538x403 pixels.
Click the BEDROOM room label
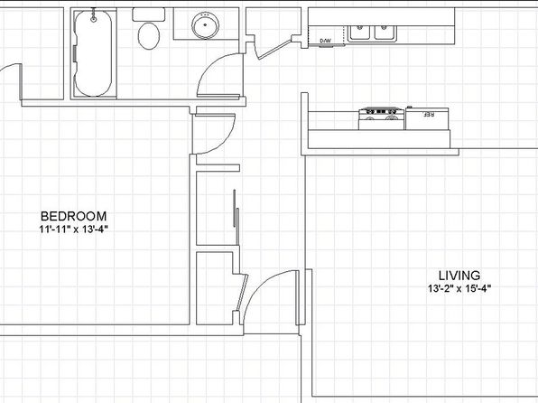click(x=73, y=216)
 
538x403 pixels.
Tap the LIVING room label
click(x=459, y=276)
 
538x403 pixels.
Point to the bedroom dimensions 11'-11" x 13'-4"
click(x=74, y=230)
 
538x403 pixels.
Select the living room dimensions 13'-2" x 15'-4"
click(x=459, y=288)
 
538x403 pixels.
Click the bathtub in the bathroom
click(x=93, y=53)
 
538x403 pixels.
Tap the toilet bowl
click(x=149, y=36)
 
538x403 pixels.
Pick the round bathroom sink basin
click(x=205, y=25)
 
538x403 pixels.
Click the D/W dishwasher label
click(x=326, y=41)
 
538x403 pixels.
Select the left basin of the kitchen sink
click(x=359, y=33)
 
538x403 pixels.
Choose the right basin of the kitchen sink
click(x=385, y=33)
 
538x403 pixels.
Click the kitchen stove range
click(x=381, y=118)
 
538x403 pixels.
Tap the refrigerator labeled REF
click(x=427, y=118)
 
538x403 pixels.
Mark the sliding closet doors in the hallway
click(x=236, y=217)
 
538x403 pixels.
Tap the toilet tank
click(x=149, y=14)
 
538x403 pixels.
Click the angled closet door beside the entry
click(x=242, y=293)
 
